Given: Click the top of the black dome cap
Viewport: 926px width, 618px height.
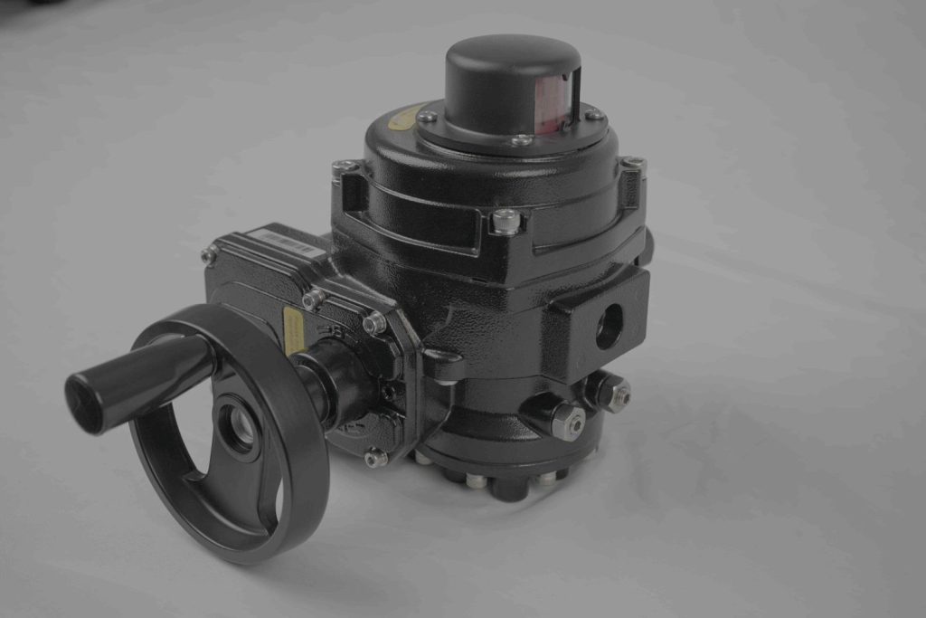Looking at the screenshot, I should click(x=511, y=54).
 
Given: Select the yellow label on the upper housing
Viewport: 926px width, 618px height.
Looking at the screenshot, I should click(x=404, y=117).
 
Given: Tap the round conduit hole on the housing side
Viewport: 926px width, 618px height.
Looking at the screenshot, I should click(x=609, y=326).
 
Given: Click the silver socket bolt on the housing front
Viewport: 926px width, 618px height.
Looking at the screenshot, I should click(x=506, y=220).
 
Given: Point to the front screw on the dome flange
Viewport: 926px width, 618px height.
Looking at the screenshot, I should click(x=521, y=140).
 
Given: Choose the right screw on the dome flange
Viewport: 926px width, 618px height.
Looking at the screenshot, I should click(x=593, y=115).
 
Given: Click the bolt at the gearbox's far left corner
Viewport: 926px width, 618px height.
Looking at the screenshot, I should click(x=209, y=256).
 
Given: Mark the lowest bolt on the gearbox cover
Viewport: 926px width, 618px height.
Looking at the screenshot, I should click(x=375, y=459).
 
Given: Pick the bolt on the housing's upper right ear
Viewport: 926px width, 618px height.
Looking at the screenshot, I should click(x=632, y=163).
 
